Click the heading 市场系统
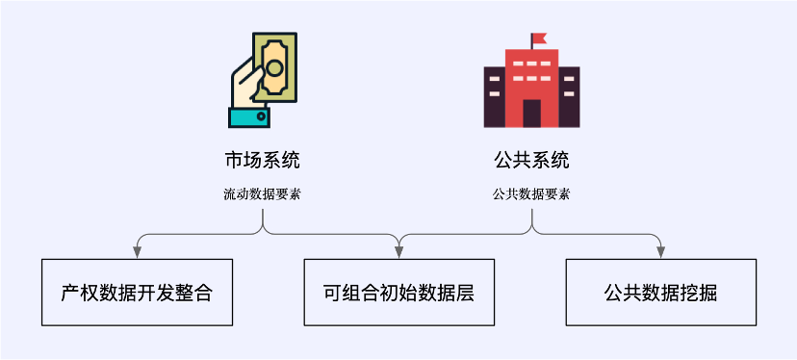262,159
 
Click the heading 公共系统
531,159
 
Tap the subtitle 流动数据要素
262,193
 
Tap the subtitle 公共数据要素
531,193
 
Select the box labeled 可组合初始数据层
398,292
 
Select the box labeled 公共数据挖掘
661,292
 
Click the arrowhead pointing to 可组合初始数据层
398,252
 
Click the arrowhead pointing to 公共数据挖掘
661,252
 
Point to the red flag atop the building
538,39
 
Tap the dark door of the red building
531,113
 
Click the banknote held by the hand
274,65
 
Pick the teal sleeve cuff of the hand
250,116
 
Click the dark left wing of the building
494,96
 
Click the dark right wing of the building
569,96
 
